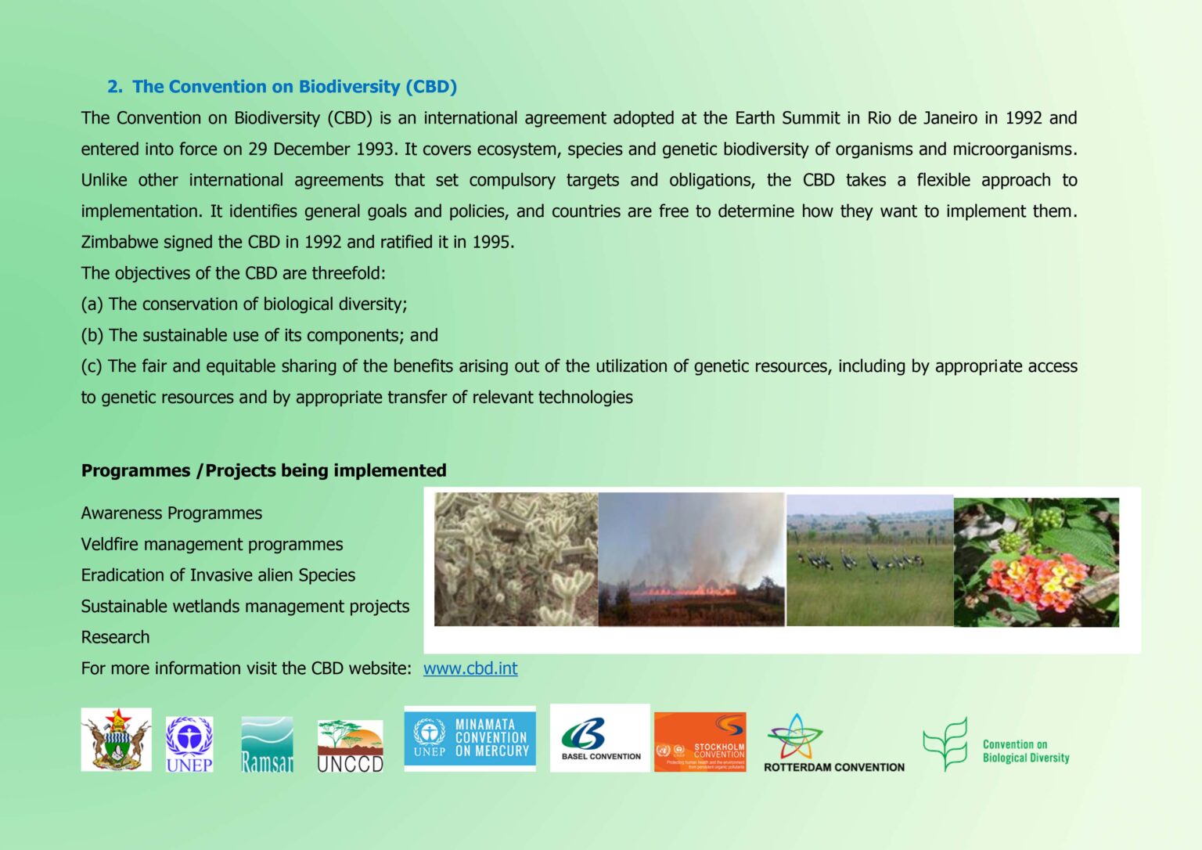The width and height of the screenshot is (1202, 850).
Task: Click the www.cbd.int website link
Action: point(470,668)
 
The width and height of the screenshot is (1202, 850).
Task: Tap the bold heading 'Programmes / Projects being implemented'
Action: point(264,470)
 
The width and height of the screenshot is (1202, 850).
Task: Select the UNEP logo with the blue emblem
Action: point(189,744)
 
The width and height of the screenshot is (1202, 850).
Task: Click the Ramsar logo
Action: point(267,744)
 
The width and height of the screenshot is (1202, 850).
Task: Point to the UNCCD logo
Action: point(350,746)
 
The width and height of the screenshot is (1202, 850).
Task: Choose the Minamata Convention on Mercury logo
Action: point(470,739)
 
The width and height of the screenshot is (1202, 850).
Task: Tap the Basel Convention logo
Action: point(600,738)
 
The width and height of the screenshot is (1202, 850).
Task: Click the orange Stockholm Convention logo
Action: point(700,741)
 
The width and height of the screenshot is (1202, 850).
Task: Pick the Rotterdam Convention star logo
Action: point(833,744)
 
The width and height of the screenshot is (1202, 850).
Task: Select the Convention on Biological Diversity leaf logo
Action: point(995,745)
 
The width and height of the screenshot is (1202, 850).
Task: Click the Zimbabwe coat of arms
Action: point(116,740)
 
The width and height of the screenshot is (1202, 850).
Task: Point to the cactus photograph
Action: point(516,559)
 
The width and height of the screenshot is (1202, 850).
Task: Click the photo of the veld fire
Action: point(691,559)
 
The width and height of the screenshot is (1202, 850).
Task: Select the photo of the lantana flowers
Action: point(1036,562)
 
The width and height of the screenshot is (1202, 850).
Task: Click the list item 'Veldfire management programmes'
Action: point(212,544)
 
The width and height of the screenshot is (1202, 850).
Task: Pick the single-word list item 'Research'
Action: point(115,637)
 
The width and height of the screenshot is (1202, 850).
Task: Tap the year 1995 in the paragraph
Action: point(491,243)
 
